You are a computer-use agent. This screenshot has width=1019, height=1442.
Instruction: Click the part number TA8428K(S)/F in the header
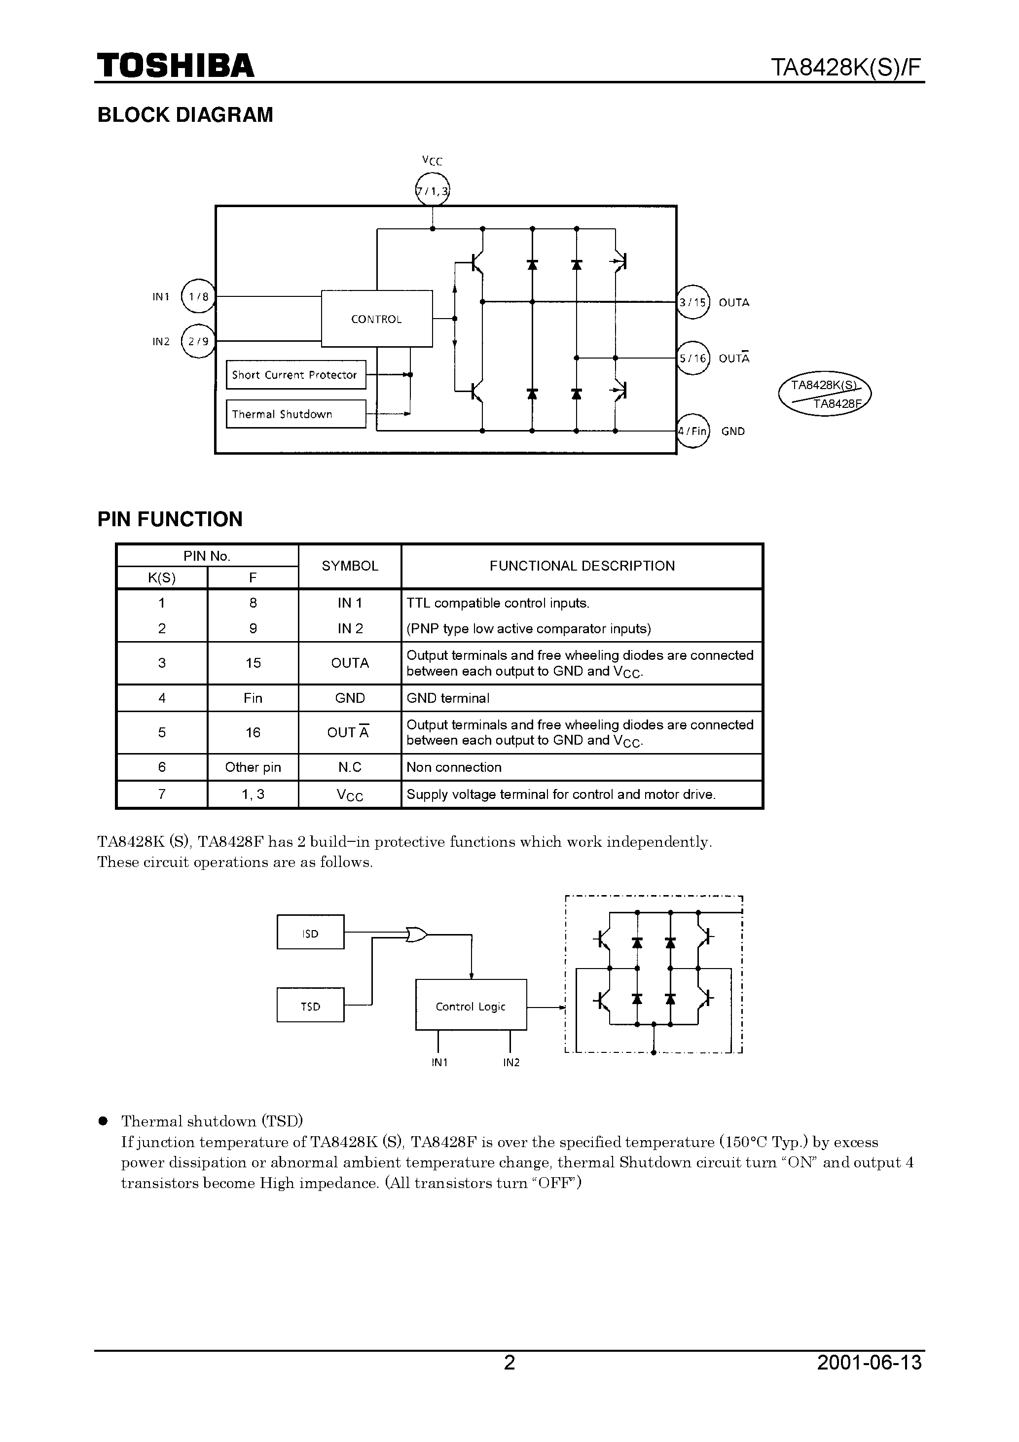tap(846, 67)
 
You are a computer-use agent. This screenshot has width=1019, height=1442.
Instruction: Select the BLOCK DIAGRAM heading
tap(185, 115)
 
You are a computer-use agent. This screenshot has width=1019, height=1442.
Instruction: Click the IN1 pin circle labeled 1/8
tap(198, 296)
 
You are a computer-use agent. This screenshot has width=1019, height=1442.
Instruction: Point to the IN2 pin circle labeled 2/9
tap(198, 341)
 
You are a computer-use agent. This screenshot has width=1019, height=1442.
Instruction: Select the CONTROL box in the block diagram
tap(376, 319)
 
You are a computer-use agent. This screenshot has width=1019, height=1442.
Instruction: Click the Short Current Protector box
tap(295, 374)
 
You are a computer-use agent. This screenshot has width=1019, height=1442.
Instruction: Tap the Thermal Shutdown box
tap(295, 414)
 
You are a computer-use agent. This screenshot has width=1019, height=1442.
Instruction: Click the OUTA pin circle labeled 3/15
tap(692, 302)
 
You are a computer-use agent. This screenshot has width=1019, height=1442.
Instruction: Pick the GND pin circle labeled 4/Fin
tap(692, 431)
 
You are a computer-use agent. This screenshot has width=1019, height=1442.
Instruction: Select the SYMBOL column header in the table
tap(349, 566)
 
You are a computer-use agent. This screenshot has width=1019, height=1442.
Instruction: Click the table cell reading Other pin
tap(253, 767)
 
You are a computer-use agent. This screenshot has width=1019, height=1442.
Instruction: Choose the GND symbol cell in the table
tap(349, 698)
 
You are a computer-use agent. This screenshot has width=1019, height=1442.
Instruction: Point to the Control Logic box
tap(471, 1006)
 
